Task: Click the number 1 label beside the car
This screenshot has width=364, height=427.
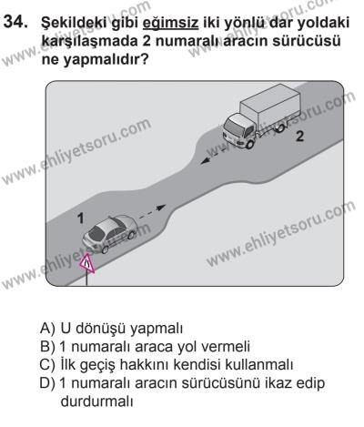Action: pyautogui.click(x=81, y=219)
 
